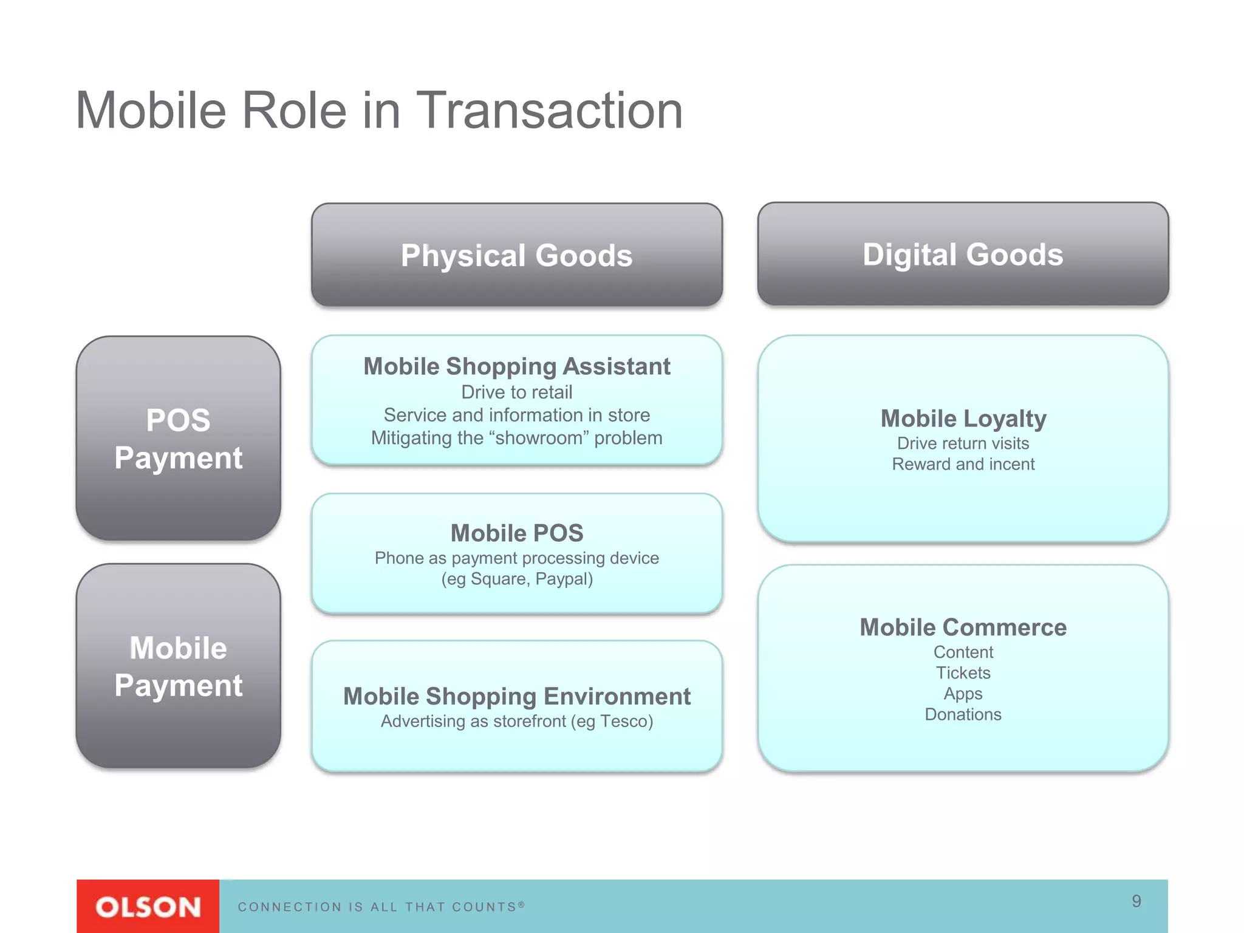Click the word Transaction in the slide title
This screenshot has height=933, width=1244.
(550, 111)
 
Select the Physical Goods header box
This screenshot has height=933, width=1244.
(516, 255)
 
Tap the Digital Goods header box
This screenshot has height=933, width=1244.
(963, 254)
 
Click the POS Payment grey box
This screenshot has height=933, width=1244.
(178, 439)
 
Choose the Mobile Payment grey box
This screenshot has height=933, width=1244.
(178, 666)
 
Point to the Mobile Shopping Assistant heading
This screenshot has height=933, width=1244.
(516, 366)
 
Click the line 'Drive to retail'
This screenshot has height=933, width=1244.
(516, 392)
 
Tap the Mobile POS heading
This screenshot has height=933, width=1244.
(516, 533)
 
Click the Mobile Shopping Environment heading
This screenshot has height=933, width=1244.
(516, 696)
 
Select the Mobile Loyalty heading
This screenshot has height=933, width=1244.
(963, 419)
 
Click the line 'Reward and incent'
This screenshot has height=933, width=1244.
(963, 464)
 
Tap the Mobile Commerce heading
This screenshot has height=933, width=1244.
(963, 627)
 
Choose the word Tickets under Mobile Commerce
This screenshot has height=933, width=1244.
(963, 673)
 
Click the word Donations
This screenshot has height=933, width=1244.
(963, 714)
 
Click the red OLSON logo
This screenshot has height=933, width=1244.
(148, 906)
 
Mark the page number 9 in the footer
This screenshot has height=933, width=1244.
(1136, 901)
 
